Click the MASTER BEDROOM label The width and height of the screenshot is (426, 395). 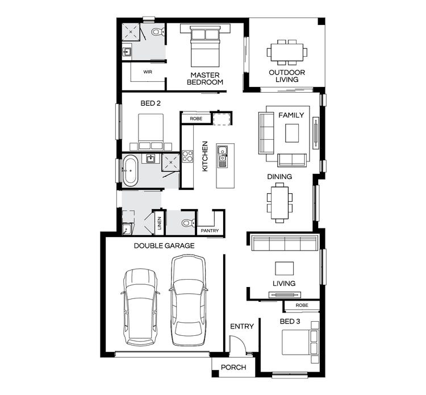point(206,78)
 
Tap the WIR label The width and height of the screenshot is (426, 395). point(148,72)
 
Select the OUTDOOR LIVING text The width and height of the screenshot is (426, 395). point(287,76)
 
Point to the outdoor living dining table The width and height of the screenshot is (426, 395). point(287,52)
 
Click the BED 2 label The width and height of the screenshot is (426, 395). point(151,103)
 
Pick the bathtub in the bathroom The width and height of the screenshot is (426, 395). point(130,171)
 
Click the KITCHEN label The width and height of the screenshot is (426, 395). point(204,157)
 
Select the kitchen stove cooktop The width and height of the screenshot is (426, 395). point(187,156)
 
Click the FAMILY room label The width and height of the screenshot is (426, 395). point(291,115)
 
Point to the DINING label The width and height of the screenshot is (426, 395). point(279,177)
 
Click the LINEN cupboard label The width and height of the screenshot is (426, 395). point(160,222)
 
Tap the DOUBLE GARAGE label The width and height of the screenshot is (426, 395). point(164,246)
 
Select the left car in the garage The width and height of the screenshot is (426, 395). point(140,307)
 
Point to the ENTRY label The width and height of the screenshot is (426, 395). point(241,326)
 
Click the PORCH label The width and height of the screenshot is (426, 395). point(233,367)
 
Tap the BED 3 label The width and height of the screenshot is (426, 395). point(290,322)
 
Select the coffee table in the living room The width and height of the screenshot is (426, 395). point(284,268)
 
